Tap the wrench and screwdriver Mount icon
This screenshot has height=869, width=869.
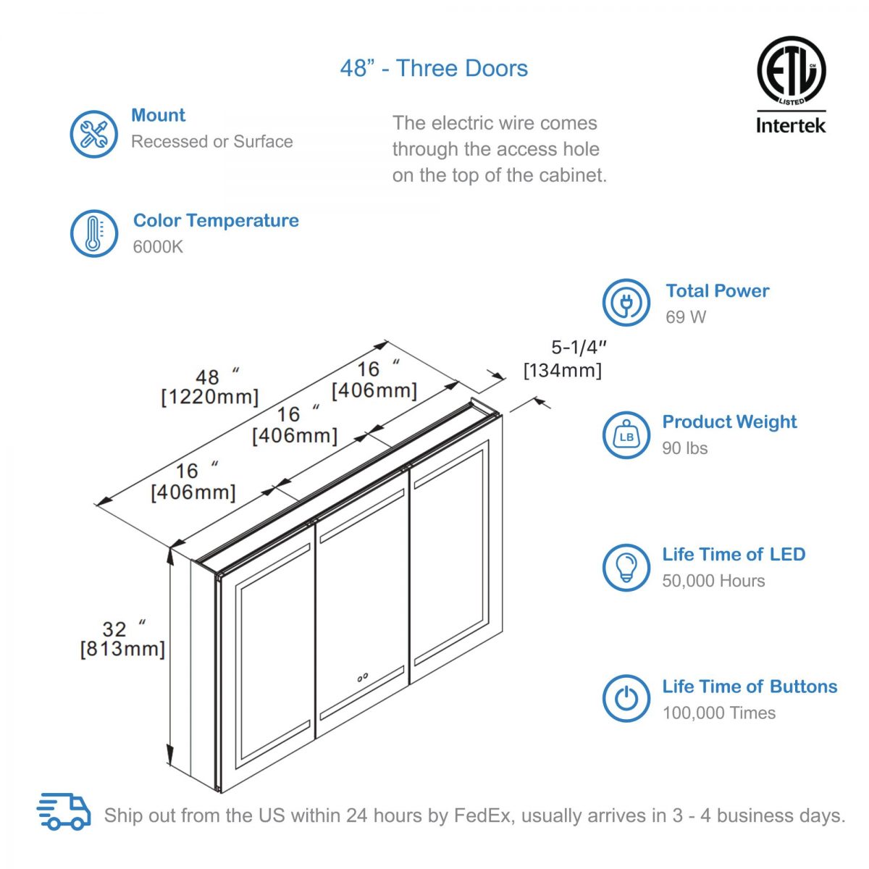(x=93, y=134)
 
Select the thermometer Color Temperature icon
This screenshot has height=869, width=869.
(x=93, y=233)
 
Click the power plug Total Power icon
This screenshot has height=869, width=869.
(x=626, y=303)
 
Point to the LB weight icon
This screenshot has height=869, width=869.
(x=626, y=435)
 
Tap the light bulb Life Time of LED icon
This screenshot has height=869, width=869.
(x=626, y=567)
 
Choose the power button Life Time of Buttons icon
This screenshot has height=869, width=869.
(x=626, y=699)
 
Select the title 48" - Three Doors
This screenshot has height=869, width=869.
(x=434, y=69)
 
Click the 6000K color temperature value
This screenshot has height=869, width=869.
(x=158, y=247)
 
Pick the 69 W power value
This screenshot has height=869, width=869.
(x=685, y=317)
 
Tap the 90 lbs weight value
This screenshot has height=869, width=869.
(x=684, y=448)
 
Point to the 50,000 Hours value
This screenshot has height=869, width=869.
(x=713, y=581)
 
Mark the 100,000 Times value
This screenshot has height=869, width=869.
(x=718, y=713)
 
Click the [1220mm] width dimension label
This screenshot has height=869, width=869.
(x=209, y=397)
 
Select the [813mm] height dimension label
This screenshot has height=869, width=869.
(x=122, y=649)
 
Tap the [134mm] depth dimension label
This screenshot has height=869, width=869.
(x=563, y=371)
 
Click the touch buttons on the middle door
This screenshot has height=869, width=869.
(x=362, y=679)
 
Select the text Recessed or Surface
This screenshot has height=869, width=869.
(x=211, y=142)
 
